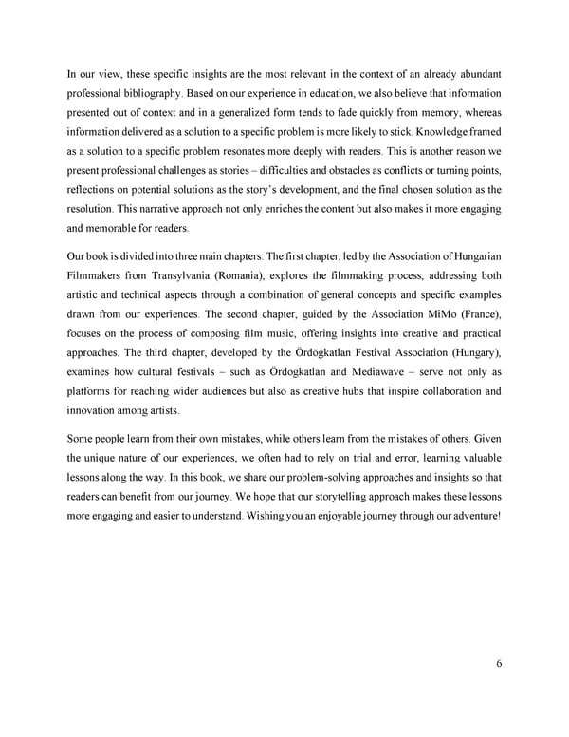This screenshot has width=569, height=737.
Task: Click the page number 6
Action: click(x=498, y=664)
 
